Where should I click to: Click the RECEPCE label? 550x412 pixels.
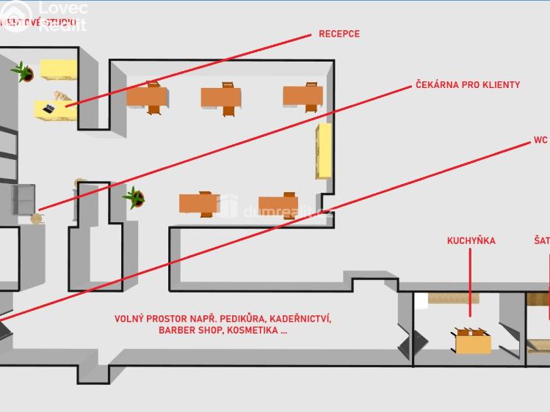(x=339, y=34)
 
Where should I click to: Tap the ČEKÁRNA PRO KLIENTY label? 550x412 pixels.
(x=467, y=85)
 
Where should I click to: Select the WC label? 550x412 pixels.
(x=540, y=139)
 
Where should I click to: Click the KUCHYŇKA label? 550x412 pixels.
(x=471, y=240)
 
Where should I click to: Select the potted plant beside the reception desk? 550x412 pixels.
(x=23, y=71)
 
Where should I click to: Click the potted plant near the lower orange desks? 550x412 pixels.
(x=134, y=197)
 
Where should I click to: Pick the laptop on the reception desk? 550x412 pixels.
(x=48, y=108)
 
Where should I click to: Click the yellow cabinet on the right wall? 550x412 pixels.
(x=323, y=150)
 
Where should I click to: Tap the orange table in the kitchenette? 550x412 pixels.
(x=474, y=342)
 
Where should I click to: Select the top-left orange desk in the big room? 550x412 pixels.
(x=147, y=96)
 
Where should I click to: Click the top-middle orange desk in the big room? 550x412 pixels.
(x=221, y=98)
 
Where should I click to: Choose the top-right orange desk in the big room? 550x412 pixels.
(x=303, y=95)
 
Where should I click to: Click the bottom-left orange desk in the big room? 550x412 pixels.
(x=198, y=203)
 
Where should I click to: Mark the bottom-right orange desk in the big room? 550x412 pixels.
(x=278, y=205)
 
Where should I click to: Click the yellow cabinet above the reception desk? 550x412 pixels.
(x=59, y=69)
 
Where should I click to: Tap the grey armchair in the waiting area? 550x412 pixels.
(x=24, y=199)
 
